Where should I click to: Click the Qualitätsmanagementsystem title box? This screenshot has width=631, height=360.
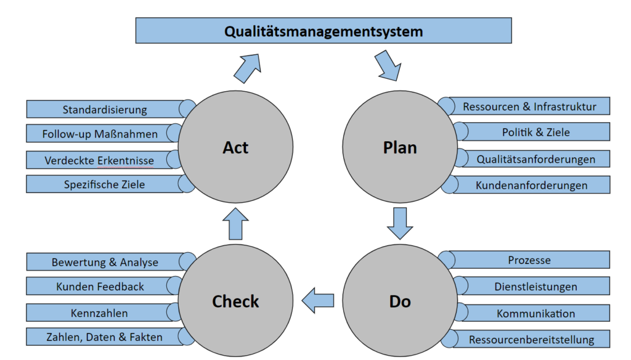[324, 30]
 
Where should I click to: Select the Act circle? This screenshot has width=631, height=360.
[236, 147]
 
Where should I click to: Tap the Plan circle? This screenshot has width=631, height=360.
[399, 147]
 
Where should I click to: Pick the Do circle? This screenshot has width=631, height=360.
[399, 301]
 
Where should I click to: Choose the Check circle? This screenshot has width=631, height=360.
[236, 301]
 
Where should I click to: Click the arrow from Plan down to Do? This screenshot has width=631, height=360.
[400, 223]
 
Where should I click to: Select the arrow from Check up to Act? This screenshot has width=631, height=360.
[236, 223]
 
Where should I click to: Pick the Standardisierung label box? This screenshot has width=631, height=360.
[105, 110]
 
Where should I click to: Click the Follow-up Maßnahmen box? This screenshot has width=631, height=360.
[100, 134]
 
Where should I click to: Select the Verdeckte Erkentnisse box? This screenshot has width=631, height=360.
[99, 160]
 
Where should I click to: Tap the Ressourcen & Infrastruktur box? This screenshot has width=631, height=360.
[530, 107]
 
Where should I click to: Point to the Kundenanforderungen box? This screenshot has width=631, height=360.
[531, 184]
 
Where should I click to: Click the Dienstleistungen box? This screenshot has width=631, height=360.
[535, 286]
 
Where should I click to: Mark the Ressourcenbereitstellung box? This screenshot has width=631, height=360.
[531, 339]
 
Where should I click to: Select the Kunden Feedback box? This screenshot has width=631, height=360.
[100, 286]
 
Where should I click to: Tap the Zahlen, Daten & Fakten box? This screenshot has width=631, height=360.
[104, 337]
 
